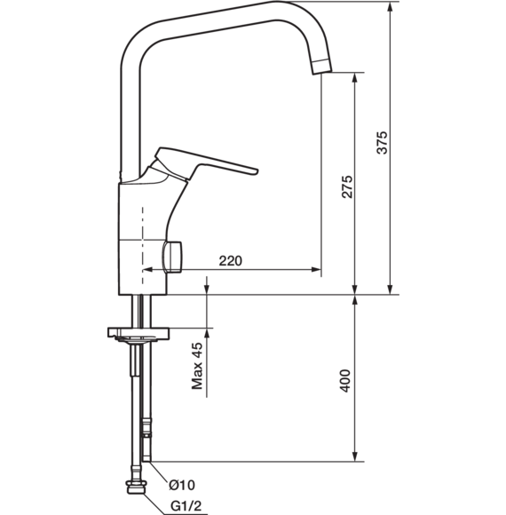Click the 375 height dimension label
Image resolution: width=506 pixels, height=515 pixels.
click(382, 143)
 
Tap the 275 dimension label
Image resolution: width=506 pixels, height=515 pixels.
click(347, 186)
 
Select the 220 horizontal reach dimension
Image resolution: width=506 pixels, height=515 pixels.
click(231, 261)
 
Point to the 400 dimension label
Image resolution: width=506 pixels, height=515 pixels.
click(344, 381)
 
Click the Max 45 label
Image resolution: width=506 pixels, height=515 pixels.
click(197, 366)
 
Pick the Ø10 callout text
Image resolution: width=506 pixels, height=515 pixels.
click(182, 485)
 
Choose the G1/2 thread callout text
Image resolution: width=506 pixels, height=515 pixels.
click(186, 506)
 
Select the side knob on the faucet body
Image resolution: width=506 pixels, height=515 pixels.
click(171, 257)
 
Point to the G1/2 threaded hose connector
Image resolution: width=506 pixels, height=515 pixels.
click(136, 487)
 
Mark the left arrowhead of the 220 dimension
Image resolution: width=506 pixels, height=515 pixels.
click(147, 270)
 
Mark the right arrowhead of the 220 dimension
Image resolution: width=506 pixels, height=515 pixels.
click(316, 270)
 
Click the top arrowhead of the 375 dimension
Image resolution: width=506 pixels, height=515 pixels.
click(390, 7)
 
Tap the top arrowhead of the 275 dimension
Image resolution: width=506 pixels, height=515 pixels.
click(354, 77)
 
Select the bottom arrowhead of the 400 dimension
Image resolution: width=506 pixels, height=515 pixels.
click(354, 456)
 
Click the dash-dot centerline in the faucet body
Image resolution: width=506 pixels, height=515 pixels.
click(143, 246)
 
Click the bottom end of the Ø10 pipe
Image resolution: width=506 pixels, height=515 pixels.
click(146, 461)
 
